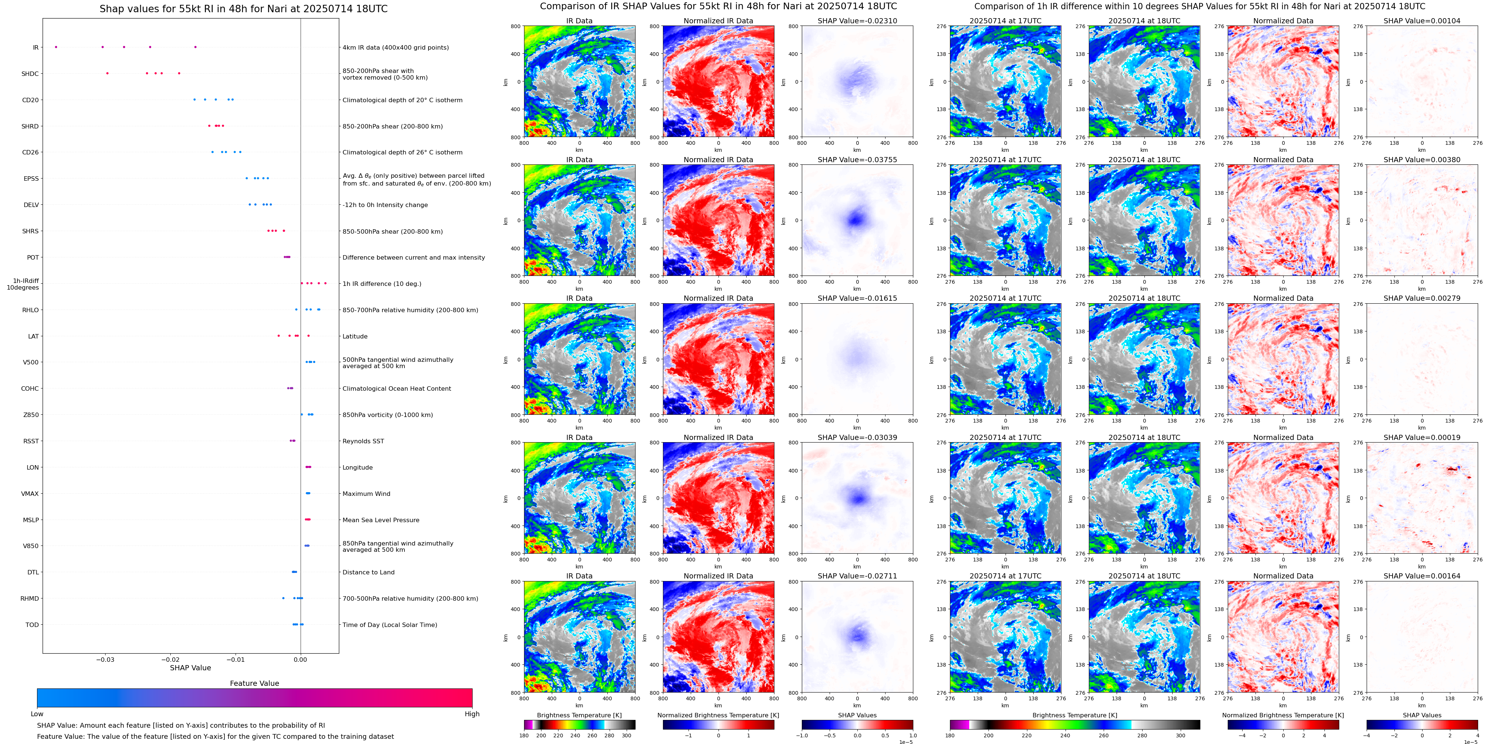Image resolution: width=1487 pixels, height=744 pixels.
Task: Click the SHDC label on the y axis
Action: pos(30,74)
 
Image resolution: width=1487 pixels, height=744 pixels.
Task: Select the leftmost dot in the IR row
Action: pos(56,47)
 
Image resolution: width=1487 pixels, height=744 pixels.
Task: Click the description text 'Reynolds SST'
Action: pos(363,441)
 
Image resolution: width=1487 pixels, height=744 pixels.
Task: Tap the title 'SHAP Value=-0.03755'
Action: pos(857,160)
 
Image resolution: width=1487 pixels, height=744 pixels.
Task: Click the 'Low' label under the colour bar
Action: pos(37,714)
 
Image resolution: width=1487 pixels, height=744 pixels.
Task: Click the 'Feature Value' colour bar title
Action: pos(254,683)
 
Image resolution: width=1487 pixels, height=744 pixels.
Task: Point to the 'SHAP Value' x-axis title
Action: pos(190,668)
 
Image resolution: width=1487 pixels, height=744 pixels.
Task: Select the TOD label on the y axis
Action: pos(32,624)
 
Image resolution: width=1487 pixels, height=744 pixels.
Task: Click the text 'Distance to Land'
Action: pos(368,572)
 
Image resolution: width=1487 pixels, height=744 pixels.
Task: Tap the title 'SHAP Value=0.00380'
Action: pos(1422,160)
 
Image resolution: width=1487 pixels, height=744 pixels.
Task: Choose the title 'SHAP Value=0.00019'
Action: pos(1422,437)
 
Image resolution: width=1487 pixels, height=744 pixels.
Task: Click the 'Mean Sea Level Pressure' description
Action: pos(381,520)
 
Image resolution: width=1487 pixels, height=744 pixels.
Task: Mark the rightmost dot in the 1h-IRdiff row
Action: pos(326,283)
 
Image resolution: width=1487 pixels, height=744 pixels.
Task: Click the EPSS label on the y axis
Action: pos(31,179)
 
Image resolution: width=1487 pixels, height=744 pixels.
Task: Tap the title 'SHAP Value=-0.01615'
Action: pos(857,298)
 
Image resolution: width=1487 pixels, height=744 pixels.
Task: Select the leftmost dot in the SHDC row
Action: pos(107,73)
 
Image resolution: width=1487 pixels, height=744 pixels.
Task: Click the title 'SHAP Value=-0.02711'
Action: pos(857,576)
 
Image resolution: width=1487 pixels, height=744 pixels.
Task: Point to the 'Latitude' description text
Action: pos(355,337)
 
